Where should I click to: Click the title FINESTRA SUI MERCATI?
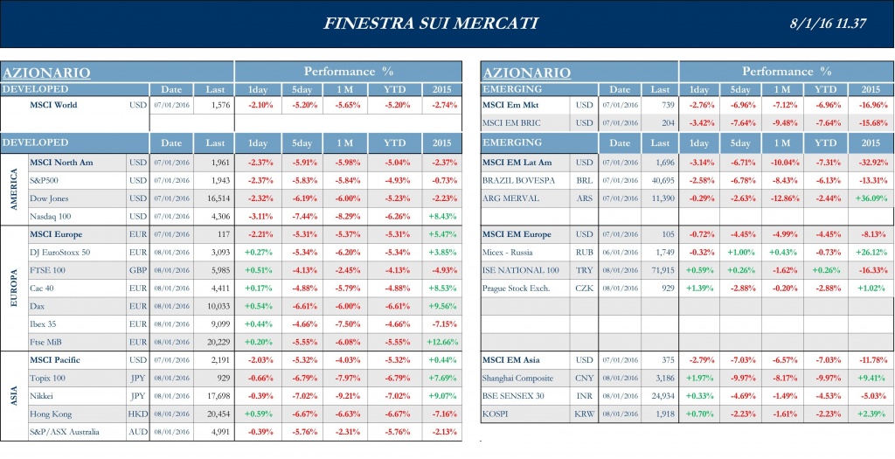431,24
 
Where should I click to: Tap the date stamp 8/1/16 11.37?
829,24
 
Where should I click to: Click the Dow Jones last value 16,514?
214,198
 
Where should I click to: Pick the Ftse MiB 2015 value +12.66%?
442,342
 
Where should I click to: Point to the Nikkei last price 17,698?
214,396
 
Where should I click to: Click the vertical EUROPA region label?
13,288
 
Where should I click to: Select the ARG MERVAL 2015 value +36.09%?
871,198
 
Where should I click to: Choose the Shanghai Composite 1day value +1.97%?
699,379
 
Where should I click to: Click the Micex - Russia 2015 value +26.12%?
871,253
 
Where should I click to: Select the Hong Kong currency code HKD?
137,414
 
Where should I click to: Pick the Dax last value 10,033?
214,306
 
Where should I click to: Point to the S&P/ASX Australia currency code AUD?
137,431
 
